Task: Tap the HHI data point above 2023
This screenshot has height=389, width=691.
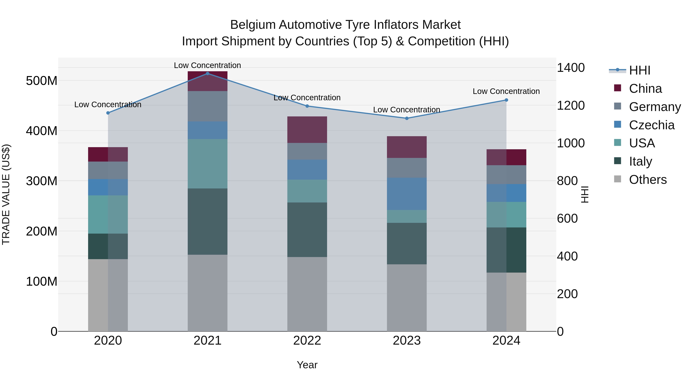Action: tap(407, 118)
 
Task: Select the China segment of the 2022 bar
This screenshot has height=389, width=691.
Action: tap(307, 130)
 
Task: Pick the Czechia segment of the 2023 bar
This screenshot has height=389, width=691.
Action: tap(407, 194)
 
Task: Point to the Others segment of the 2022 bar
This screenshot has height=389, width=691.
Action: tap(307, 294)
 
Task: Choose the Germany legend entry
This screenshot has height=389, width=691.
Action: tap(655, 107)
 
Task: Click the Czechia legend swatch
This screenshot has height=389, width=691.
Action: tap(617, 124)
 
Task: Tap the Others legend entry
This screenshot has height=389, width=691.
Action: tap(648, 179)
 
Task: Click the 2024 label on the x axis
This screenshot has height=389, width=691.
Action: tap(506, 341)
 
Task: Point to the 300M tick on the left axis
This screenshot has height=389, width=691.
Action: tap(42, 181)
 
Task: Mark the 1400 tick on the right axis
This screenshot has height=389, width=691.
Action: tap(571, 68)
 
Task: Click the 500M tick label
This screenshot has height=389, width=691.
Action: tap(42, 80)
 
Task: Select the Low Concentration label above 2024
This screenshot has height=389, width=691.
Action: tap(506, 91)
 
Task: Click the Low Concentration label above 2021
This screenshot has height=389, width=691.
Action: tap(207, 65)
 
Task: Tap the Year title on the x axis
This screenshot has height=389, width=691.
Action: tap(307, 365)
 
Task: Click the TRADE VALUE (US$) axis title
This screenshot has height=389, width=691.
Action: tap(6, 194)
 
